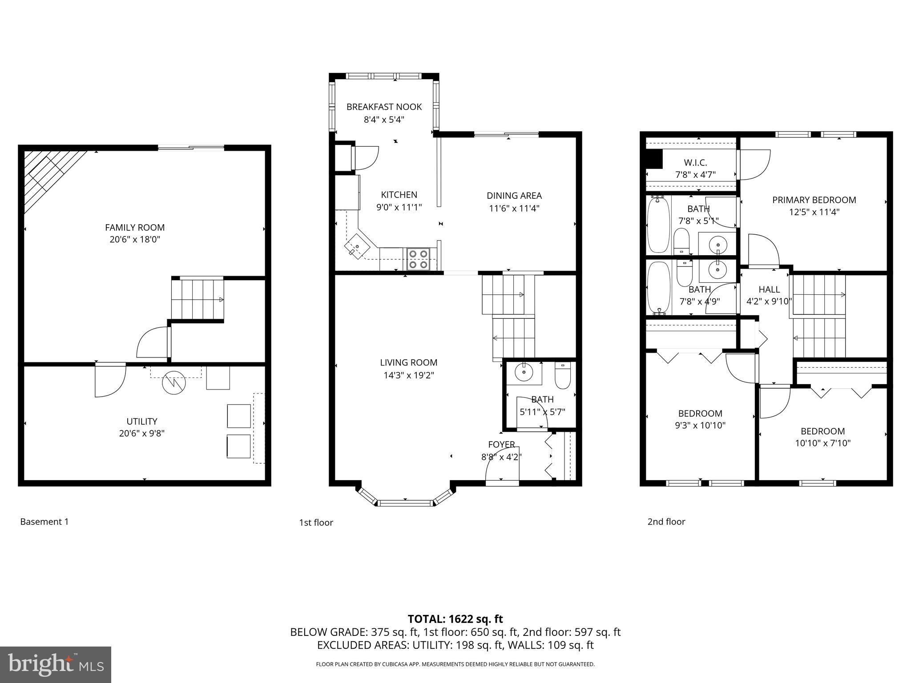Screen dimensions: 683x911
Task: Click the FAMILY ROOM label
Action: pyautogui.click(x=135, y=227)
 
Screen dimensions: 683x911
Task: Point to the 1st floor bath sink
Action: pyautogui.click(x=524, y=373)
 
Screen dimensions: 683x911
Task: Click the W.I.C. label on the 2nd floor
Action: pyautogui.click(x=695, y=162)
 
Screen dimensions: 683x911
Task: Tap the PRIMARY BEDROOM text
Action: pyautogui.click(x=814, y=200)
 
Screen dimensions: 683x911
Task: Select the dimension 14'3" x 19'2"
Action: pyautogui.click(x=408, y=375)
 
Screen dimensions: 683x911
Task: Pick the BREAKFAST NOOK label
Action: pyautogui.click(x=384, y=107)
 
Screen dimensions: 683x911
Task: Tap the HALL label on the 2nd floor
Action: pyautogui.click(x=769, y=289)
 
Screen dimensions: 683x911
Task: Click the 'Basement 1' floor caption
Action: pyautogui.click(x=44, y=522)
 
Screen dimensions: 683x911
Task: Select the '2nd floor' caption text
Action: pyautogui.click(x=666, y=522)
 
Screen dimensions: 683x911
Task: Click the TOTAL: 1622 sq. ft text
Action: pyautogui.click(x=455, y=619)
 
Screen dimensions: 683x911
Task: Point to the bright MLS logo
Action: pyautogui.click(x=55, y=664)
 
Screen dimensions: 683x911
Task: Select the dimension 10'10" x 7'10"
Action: pyautogui.click(x=822, y=443)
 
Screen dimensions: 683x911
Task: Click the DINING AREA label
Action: pyautogui.click(x=514, y=196)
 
